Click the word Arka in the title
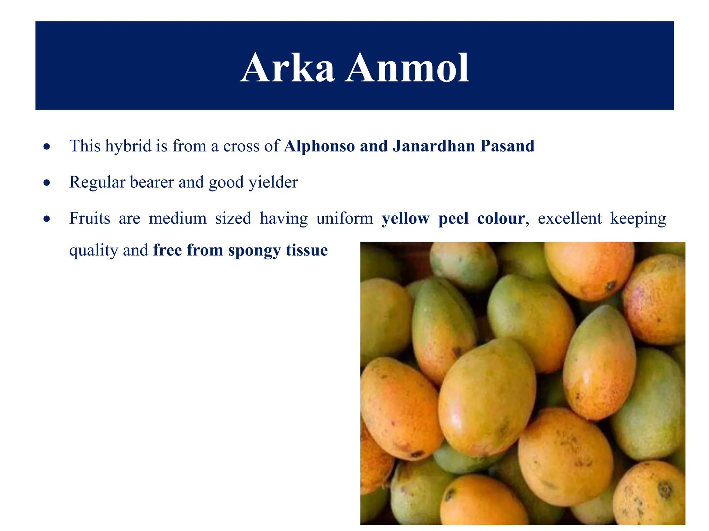(287, 68)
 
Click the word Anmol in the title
(407, 68)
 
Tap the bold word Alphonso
(319, 146)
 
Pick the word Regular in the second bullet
(97, 182)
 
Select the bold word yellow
(405, 218)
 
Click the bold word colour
(501, 218)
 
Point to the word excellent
(569, 218)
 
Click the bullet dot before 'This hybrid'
(47, 147)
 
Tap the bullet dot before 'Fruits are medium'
(47, 219)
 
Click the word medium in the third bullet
(178, 218)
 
